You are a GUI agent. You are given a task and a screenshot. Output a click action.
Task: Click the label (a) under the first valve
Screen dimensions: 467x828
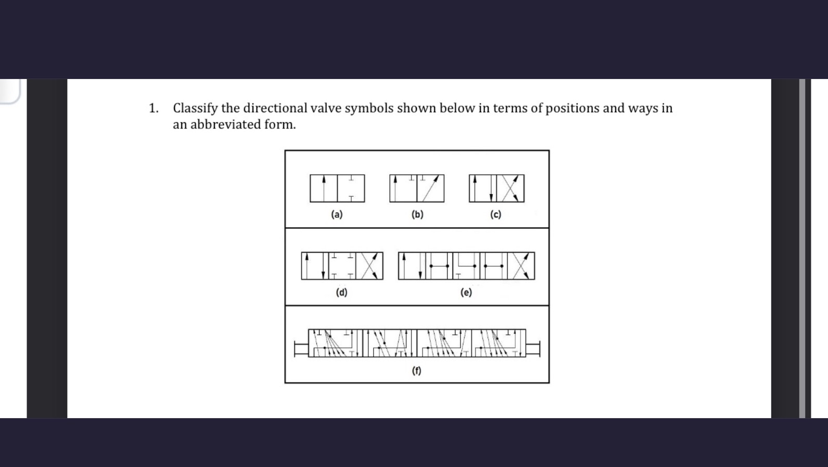pos(337,214)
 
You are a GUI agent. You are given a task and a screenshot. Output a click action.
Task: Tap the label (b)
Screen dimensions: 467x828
pos(417,214)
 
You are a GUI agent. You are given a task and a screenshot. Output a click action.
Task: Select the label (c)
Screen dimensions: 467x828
pos(495,214)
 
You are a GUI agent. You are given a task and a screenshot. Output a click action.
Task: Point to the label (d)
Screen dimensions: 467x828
pos(341,292)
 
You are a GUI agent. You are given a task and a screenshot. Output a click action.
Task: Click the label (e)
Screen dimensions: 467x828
pos(466,292)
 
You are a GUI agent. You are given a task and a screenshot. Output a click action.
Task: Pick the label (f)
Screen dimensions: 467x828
pos(416,370)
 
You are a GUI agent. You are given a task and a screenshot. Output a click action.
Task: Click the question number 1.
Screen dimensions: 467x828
pos(153,108)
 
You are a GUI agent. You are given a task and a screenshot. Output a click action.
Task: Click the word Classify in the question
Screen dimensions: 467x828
pos(195,108)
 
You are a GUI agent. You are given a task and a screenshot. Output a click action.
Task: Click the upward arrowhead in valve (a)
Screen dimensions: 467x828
pos(324,179)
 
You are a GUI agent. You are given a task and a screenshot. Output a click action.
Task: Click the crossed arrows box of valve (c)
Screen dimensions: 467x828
pos(510,188)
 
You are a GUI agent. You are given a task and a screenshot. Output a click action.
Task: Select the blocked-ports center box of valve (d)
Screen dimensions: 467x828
pos(342,266)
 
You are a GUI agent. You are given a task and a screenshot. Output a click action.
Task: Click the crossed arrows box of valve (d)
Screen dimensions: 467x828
pos(369,266)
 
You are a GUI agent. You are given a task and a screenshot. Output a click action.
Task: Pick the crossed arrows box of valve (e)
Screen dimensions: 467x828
pos(521,266)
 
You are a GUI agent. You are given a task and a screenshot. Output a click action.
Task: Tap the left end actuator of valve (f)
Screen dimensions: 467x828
pos(301,348)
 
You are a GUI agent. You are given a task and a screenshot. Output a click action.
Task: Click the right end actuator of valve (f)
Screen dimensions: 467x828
pos(533,348)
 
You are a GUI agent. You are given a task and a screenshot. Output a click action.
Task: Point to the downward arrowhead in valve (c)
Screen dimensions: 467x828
pos(491,198)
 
